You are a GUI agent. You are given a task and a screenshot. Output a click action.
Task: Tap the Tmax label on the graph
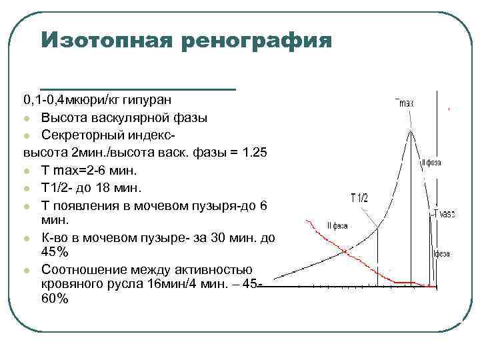(405, 103)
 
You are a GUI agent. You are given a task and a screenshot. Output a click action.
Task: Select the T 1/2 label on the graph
(359, 197)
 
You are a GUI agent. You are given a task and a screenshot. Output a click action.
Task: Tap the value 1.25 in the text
(253, 153)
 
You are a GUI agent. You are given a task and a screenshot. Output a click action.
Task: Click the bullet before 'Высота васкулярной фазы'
(27, 119)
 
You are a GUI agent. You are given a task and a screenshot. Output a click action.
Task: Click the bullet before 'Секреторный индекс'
(27, 136)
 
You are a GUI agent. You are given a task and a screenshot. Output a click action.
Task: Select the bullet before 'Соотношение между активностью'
(27, 271)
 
